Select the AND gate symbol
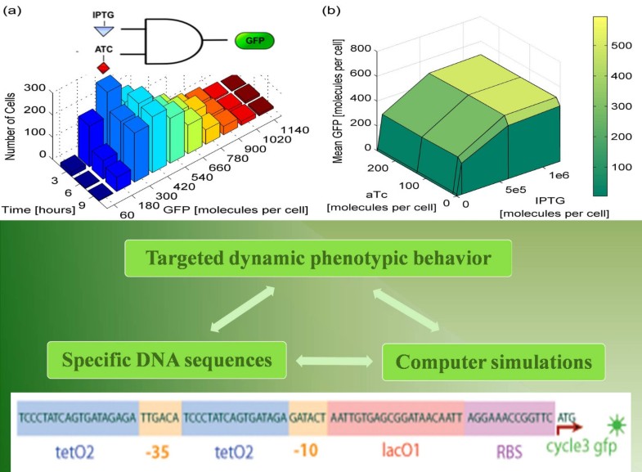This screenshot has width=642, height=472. (174, 39)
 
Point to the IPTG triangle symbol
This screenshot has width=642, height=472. (102, 29)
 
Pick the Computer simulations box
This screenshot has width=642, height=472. (493, 361)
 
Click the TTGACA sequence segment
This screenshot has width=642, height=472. (160, 416)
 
